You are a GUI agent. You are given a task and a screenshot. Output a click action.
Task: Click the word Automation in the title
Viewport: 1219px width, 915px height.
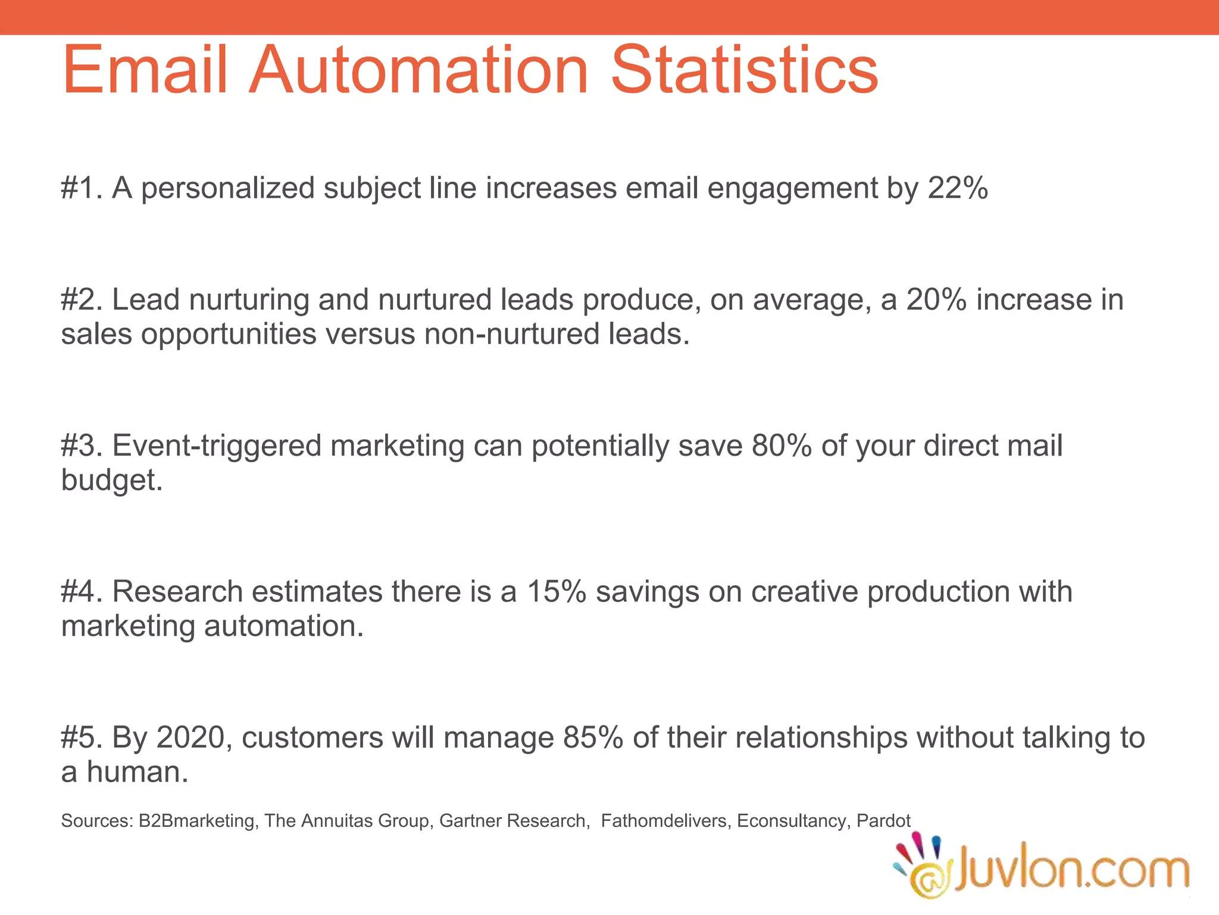click(418, 70)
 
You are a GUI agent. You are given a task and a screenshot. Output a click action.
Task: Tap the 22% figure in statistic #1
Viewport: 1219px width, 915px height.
click(958, 188)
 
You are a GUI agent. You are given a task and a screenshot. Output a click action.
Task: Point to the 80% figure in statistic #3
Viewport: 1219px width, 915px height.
click(782, 446)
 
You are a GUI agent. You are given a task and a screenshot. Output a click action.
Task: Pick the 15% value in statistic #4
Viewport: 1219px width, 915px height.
click(557, 592)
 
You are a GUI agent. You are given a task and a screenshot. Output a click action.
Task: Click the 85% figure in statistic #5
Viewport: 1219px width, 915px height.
click(593, 737)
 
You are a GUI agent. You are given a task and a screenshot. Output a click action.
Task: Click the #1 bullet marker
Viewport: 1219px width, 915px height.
click(82, 188)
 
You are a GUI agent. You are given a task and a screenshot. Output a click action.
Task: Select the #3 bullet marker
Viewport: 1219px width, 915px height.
click(82, 446)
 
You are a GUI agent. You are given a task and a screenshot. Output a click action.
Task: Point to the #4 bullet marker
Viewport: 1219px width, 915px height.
click(82, 592)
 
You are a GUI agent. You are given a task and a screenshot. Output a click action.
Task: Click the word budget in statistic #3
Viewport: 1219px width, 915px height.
click(109, 481)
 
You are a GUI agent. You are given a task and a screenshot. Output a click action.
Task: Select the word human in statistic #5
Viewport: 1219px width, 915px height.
click(136, 772)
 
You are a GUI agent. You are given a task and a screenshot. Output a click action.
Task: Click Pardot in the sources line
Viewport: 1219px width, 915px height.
click(883, 821)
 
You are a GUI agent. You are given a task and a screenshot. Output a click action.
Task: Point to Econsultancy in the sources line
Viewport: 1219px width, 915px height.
click(791, 821)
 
